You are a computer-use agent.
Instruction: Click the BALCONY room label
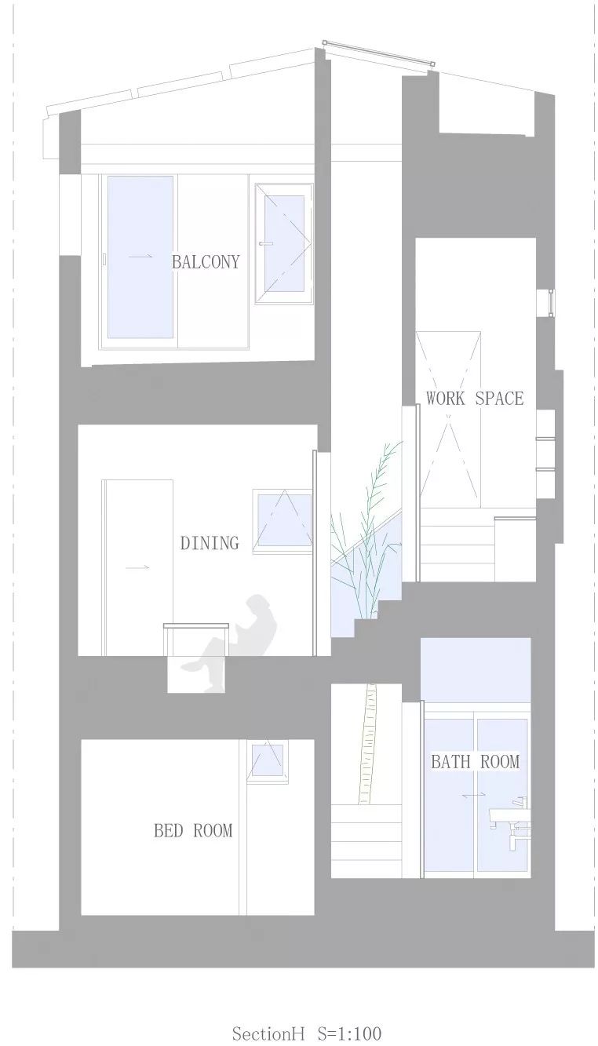(206, 262)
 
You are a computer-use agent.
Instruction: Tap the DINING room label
(209, 543)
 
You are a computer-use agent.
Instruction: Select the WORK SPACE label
(474, 399)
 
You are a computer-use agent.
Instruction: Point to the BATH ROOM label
(475, 761)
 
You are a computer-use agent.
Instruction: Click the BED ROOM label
(193, 830)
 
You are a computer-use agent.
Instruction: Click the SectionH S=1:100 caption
(306, 1033)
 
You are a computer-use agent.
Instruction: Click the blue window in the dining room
(283, 519)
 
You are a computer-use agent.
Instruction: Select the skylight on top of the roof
(379, 53)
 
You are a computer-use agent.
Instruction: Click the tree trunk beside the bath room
(367, 745)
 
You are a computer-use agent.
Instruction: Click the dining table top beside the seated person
(196, 625)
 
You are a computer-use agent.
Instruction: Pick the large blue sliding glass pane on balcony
(140, 257)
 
